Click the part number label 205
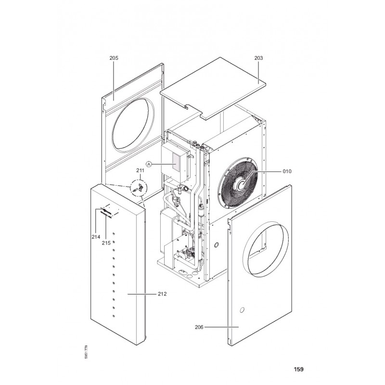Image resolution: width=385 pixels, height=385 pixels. tap(114, 58)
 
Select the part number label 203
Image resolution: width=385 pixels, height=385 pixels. tap(258, 58)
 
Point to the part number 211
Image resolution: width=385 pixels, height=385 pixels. tap(140, 171)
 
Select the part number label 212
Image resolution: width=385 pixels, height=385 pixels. tap(162, 294)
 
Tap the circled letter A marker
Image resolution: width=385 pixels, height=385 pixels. tap(149, 164)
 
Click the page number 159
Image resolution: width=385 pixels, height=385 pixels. tap(298, 370)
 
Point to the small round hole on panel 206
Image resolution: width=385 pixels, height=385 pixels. tap(244, 308)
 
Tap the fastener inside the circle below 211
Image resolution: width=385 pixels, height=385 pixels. tap(138, 187)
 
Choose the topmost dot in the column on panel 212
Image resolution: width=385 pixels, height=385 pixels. tap(113, 234)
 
